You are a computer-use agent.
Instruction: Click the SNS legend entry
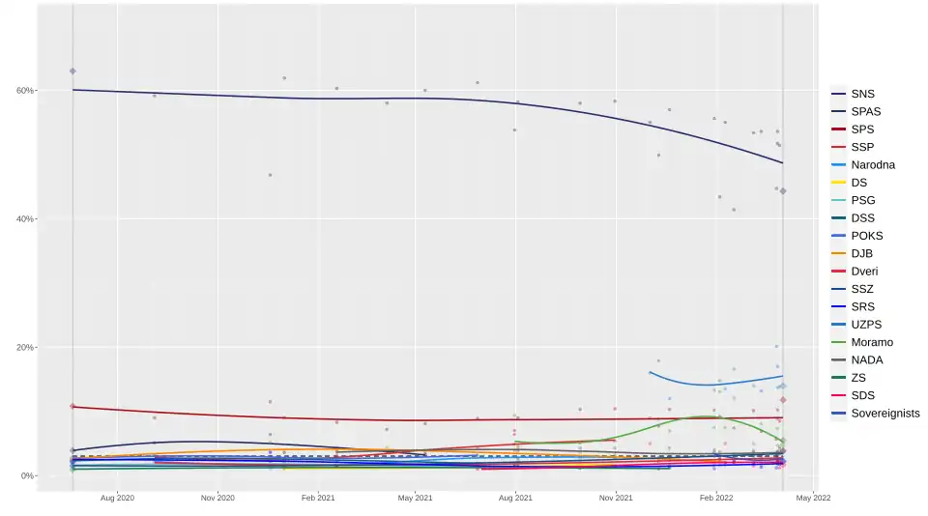click(862, 94)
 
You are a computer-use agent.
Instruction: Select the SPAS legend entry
click(866, 112)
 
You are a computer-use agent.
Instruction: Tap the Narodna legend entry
click(873, 165)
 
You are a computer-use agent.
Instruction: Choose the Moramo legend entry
click(872, 342)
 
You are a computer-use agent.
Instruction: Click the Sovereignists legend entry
click(884, 414)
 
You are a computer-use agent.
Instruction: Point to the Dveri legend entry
click(864, 272)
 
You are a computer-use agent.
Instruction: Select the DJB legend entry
click(862, 254)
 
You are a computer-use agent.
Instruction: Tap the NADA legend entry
click(867, 360)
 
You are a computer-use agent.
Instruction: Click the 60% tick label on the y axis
click(24, 91)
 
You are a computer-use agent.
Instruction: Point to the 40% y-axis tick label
click(24, 219)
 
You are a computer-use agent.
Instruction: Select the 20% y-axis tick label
click(24, 348)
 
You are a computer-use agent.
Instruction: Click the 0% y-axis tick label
click(27, 476)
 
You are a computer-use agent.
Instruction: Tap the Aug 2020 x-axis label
click(117, 499)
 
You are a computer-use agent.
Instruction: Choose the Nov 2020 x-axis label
click(217, 499)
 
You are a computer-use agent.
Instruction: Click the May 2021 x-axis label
click(415, 499)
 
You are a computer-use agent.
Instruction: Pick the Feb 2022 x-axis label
click(714, 499)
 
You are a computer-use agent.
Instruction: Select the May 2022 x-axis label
click(813, 499)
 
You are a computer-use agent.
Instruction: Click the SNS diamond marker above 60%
click(72, 72)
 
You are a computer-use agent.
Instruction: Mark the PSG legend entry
click(863, 201)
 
